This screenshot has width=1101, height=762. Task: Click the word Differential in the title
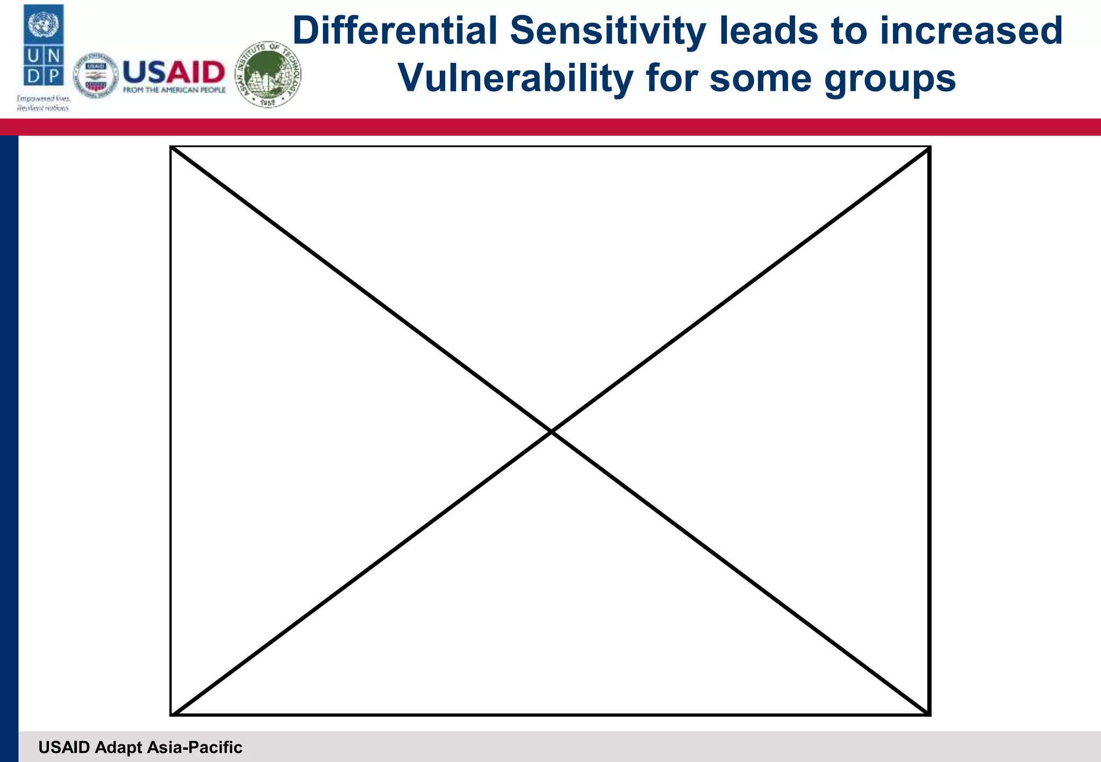point(395,31)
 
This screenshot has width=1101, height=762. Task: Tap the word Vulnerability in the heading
point(516,78)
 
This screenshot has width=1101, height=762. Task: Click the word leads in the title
point(769,31)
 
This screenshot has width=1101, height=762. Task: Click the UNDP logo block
point(44,45)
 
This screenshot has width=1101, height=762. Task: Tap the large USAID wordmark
point(174,72)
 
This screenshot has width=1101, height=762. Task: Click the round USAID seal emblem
point(95,76)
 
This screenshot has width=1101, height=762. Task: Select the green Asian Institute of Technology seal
point(268,75)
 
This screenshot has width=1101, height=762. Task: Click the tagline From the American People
point(174,90)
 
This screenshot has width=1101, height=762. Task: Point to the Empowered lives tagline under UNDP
point(43,103)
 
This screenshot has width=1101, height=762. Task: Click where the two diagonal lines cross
point(551,431)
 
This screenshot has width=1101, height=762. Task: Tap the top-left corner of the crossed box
point(171,147)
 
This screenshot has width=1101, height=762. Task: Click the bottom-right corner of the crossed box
point(929,714)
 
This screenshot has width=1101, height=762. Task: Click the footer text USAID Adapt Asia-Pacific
point(140,747)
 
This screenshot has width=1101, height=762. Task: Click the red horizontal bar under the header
point(550,127)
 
